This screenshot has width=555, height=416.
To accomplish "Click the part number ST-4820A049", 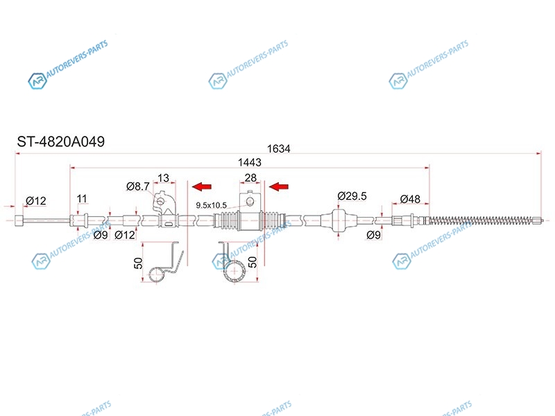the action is click(61, 141).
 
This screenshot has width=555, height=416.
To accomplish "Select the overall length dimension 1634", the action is click(279, 149).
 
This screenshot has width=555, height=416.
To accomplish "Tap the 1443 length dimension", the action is click(250, 162).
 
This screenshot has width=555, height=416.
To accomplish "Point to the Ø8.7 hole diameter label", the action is click(137, 187).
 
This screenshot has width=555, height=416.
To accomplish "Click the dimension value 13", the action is click(163, 178).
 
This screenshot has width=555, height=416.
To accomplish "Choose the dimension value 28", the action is click(250, 177).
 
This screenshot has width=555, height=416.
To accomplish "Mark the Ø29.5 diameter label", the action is click(352, 196).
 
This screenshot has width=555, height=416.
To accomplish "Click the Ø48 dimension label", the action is click(410, 199).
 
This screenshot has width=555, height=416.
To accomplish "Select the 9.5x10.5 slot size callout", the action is click(212, 205).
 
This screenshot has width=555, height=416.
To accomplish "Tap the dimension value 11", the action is click(82, 199).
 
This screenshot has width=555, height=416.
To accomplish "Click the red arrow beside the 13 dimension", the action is click(201, 187).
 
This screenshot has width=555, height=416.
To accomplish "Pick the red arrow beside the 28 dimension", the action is click(279, 187).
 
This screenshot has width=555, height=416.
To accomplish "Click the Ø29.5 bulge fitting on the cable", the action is click(339, 220).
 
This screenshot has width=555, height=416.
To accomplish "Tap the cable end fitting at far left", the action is click(19, 220).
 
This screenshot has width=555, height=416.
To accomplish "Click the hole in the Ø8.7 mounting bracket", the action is click(160, 202).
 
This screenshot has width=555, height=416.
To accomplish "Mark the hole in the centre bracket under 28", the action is click(250, 202).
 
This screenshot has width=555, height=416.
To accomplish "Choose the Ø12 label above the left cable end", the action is click(36, 201).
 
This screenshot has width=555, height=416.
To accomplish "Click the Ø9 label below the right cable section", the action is click(373, 235).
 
